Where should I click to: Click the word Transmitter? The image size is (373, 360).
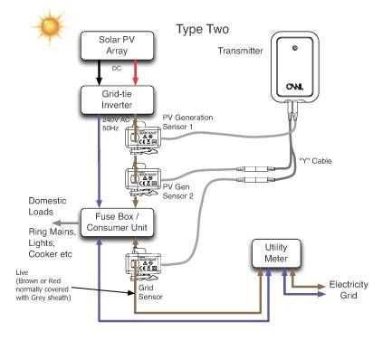click(241, 52)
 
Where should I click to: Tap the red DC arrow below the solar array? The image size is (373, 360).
click(135, 73)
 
